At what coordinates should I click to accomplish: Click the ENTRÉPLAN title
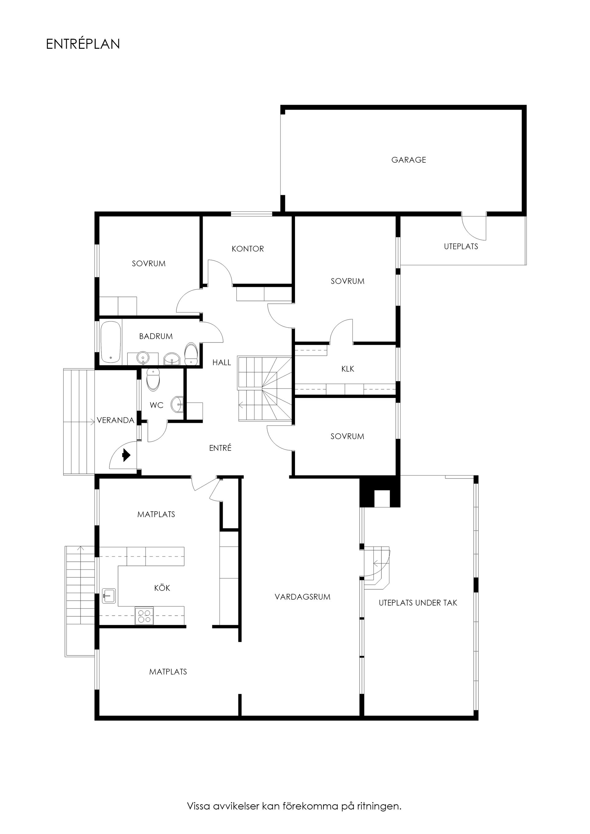click(83, 44)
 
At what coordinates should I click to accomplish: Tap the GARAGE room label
click(408, 160)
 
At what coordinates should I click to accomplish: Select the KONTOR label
click(248, 249)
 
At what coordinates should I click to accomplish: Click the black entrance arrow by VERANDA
click(126, 455)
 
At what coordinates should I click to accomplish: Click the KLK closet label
click(348, 369)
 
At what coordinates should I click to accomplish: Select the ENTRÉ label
click(220, 448)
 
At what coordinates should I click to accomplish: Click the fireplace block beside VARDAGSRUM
click(380, 493)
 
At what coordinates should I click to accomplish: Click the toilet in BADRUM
click(191, 354)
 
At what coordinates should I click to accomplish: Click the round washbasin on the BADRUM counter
click(143, 358)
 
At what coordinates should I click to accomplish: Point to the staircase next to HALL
click(265, 389)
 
